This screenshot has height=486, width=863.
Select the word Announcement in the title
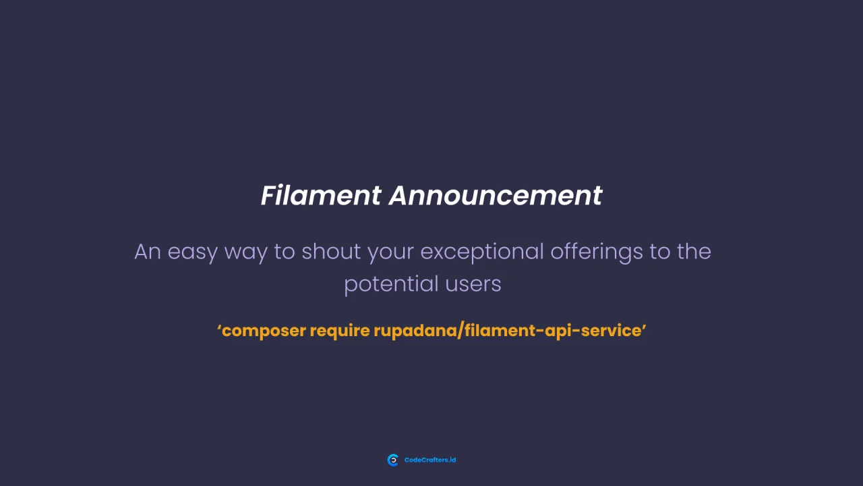(496, 196)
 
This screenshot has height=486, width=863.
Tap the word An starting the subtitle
(148, 252)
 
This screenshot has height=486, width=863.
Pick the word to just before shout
(285, 252)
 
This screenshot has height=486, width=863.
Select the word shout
(331, 252)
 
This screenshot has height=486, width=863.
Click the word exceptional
(481, 252)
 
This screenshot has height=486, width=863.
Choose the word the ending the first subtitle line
(694, 252)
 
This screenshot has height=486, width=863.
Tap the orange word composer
(264, 331)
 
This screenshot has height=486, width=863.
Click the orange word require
(340, 331)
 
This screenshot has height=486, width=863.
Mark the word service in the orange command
(610, 331)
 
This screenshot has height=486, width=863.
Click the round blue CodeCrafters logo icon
(393, 460)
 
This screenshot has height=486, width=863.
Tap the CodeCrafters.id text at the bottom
(430, 460)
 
